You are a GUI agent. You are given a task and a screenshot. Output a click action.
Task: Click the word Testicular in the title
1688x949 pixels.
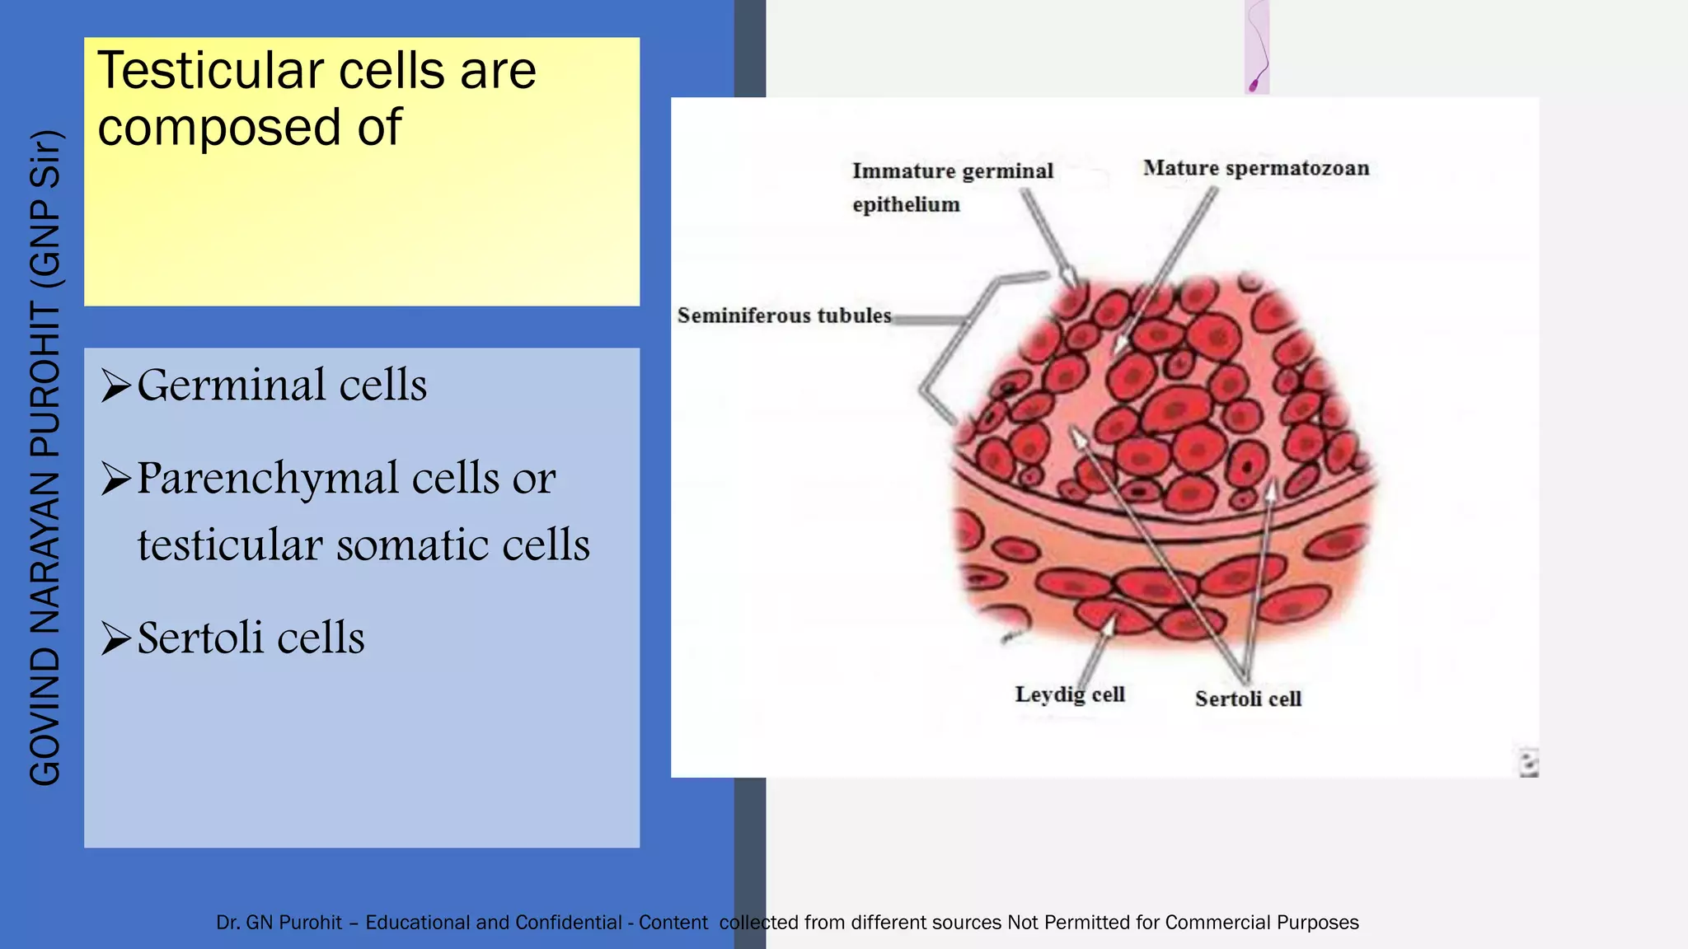point(211,72)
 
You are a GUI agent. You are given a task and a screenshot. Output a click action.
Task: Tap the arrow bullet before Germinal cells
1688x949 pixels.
point(115,386)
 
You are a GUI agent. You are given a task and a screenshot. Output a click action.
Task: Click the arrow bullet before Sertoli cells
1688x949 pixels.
point(115,638)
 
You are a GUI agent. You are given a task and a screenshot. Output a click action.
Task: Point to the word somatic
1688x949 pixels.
point(411,545)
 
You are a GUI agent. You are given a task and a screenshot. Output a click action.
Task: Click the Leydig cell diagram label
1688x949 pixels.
point(1069,694)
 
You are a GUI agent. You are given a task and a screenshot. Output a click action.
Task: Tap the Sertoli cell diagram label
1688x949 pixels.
point(1247,699)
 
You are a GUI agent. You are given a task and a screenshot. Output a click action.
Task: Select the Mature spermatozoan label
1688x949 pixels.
point(1255,168)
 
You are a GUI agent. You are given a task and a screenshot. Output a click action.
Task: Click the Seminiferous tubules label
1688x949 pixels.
point(784,316)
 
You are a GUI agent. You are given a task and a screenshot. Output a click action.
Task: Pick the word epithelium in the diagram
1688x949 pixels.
point(906,204)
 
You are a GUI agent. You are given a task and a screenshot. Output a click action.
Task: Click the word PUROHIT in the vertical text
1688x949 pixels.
point(45,379)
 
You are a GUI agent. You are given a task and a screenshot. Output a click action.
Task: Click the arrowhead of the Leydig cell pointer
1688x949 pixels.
point(1110,625)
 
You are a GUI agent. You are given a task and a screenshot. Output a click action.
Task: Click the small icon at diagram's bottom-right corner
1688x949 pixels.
point(1528,763)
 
